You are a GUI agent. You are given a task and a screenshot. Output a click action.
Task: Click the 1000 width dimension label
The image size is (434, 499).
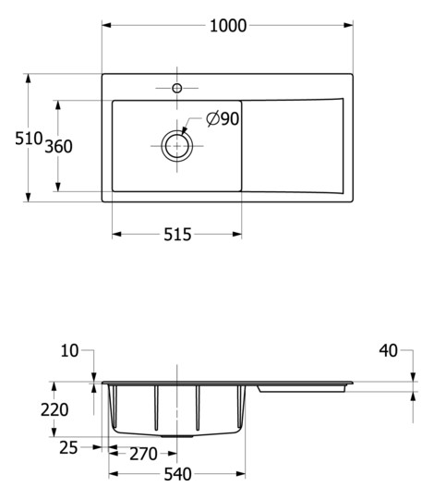click(x=227, y=26)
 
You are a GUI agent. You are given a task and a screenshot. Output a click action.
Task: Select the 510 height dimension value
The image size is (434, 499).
click(x=29, y=139)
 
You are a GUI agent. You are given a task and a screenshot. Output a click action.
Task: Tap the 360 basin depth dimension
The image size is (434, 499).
click(x=57, y=146)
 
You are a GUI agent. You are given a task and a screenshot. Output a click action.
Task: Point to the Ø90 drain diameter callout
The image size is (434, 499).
click(x=223, y=118)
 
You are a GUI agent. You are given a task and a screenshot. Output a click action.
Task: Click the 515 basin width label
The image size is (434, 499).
click(x=177, y=235)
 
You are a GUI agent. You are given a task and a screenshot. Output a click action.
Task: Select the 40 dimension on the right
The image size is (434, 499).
click(x=388, y=350)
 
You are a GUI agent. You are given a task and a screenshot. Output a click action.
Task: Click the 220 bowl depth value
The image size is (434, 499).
click(x=55, y=409)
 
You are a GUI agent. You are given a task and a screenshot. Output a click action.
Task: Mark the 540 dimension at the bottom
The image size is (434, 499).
click(x=177, y=475)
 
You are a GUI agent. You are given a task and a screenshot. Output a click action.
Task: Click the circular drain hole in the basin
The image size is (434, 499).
click(x=176, y=146)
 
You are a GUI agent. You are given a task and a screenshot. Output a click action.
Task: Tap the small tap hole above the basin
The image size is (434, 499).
click(x=176, y=89)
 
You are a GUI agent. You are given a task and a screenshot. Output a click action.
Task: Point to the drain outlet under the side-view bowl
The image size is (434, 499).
click(x=177, y=433)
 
